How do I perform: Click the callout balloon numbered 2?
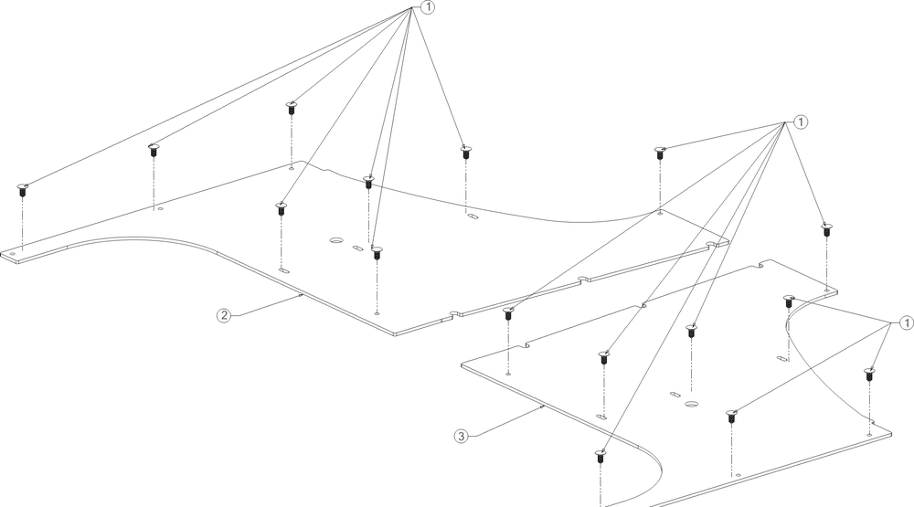[x=223, y=315]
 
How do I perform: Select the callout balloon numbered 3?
[x=461, y=436]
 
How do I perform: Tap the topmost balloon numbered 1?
[x=427, y=7]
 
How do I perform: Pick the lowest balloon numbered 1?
[x=906, y=322]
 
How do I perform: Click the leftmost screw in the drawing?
[x=23, y=190]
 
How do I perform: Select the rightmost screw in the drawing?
[x=868, y=375]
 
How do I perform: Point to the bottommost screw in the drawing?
[x=600, y=456]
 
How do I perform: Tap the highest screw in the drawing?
[x=292, y=107]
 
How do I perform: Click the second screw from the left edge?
[x=154, y=149]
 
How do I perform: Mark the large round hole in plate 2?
[x=336, y=240]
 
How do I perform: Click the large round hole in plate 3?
[x=692, y=404]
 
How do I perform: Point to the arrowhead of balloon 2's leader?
[x=300, y=295]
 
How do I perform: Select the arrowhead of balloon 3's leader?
[x=541, y=407]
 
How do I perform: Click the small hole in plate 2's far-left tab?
[x=12, y=254]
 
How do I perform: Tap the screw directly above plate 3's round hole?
[x=691, y=331]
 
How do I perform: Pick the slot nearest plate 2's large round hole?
[x=357, y=248]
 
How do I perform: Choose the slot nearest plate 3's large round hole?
[x=675, y=395]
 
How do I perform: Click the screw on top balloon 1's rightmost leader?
[x=465, y=152]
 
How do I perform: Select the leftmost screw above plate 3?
[x=508, y=313]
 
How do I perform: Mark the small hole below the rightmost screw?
[x=869, y=435]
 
